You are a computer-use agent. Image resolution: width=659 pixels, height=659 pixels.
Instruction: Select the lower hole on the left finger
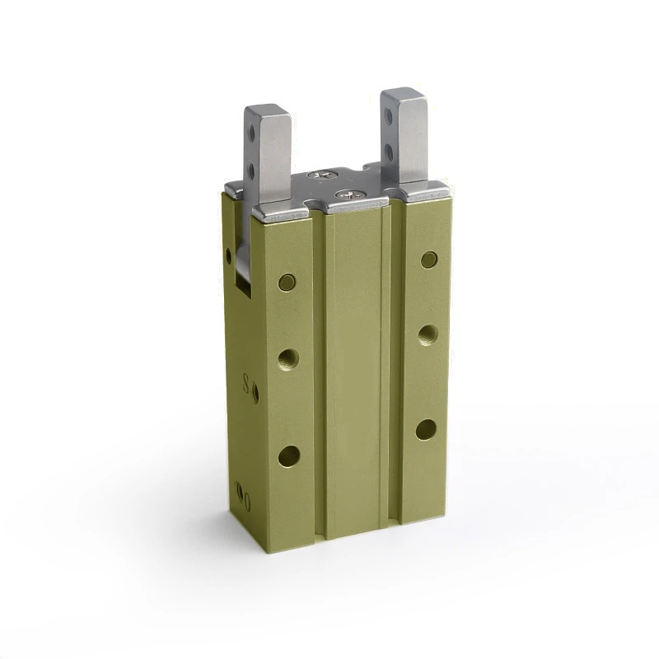pyautogui.click(x=252, y=171)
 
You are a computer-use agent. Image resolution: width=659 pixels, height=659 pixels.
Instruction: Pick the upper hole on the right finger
pyautogui.click(x=388, y=116)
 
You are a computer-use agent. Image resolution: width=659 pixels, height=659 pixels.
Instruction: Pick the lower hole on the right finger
pyautogui.click(x=388, y=152)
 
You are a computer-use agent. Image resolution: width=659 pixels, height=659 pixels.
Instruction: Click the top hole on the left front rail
pyautogui.click(x=287, y=283)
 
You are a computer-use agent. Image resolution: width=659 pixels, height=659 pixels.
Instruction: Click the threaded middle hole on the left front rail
pyautogui.click(x=288, y=358)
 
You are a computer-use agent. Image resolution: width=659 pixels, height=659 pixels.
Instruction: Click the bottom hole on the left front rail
pyautogui.click(x=289, y=456)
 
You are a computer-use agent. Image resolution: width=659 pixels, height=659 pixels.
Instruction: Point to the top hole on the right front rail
pyautogui.click(x=429, y=260)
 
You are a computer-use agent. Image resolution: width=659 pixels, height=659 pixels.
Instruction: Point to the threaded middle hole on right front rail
pyautogui.click(x=428, y=334)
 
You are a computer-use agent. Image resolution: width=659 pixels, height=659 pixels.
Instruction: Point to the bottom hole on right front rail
pyautogui.click(x=426, y=429)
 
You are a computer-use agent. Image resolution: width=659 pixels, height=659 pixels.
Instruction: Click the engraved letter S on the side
pyautogui.click(x=245, y=384)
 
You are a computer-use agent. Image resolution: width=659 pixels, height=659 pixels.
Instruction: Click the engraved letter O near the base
pyautogui.click(x=246, y=498)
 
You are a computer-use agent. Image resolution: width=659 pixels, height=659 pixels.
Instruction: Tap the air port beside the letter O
pyautogui.click(x=240, y=492)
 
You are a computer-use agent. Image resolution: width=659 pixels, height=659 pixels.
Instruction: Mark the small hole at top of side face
pyautogui.click(x=229, y=255)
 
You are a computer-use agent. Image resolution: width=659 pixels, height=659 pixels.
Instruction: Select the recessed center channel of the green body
pyautogui.click(x=354, y=371)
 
